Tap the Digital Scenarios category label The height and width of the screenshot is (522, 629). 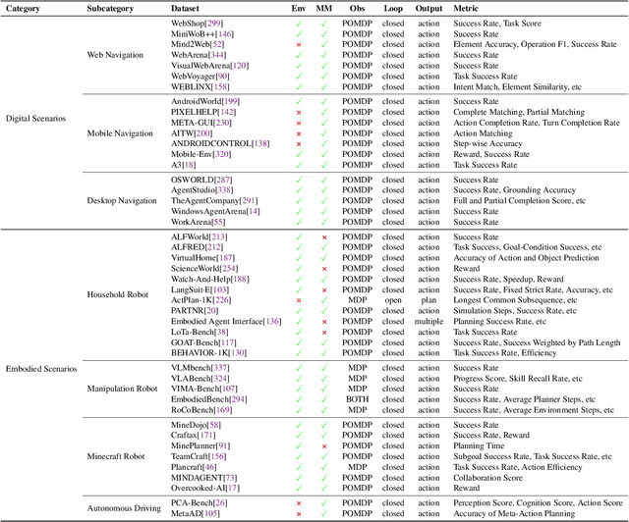click(35, 118)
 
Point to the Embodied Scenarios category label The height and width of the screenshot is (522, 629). click(39, 368)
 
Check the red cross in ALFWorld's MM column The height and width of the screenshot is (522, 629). click(323, 236)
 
